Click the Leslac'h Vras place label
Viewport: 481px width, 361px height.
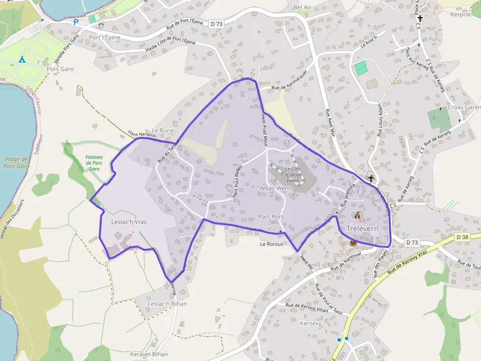129,222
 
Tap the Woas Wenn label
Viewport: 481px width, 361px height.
275,188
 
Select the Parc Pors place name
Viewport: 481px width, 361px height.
271,217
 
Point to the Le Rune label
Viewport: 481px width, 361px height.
163,131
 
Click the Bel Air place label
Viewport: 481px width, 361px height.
302,7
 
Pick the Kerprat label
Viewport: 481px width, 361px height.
460,14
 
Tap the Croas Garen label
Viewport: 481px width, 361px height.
464,107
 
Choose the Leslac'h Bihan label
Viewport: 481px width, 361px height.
167,304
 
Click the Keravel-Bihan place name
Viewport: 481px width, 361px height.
149,354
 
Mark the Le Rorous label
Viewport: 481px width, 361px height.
271,243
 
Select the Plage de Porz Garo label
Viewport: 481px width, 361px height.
17,163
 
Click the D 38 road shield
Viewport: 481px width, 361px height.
462,237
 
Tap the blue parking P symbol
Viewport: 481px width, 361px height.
76,22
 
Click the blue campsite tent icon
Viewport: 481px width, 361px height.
22,60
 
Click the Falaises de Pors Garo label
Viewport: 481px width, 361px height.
94,163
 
